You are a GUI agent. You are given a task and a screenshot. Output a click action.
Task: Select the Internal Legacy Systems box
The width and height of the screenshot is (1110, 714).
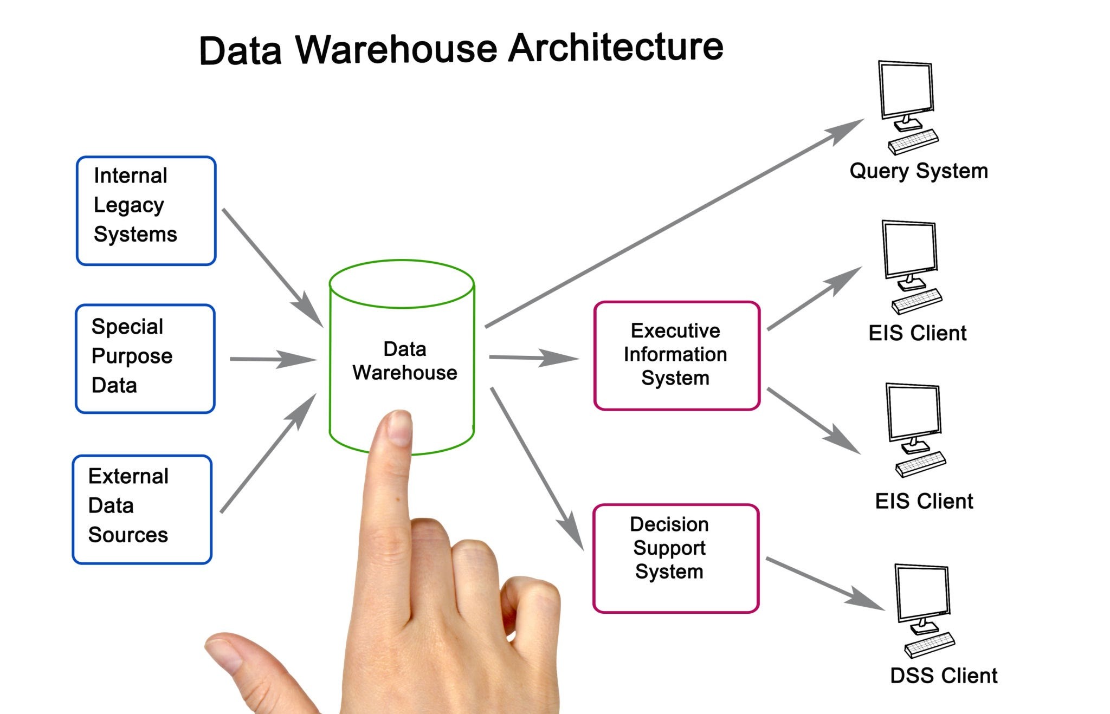(146, 211)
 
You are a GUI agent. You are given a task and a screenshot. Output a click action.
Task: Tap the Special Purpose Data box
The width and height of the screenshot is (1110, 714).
(145, 359)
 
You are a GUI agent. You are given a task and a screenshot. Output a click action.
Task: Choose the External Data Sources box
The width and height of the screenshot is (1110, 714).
(142, 509)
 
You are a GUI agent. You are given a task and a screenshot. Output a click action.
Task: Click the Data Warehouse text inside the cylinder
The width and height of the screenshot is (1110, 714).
(404, 361)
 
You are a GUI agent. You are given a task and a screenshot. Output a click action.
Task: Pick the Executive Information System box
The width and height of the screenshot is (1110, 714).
(676, 355)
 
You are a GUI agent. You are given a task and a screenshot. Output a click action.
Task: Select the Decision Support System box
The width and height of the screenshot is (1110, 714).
(675, 558)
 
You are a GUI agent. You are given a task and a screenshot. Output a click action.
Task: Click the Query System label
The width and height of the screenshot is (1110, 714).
(919, 171)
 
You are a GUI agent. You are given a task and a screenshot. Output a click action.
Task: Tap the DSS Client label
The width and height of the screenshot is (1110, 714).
(944, 676)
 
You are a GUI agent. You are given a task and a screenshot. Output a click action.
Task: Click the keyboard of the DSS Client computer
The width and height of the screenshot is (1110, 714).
(930, 645)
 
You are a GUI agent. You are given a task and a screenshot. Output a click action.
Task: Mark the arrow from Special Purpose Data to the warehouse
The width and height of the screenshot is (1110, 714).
(271, 359)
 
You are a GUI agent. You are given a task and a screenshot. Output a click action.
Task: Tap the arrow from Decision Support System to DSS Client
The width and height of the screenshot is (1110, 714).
(824, 583)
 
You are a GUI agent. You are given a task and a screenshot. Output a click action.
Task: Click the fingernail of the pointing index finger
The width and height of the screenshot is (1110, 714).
(400, 428)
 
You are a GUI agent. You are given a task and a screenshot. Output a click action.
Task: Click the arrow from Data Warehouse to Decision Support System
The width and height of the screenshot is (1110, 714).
(537, 469)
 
